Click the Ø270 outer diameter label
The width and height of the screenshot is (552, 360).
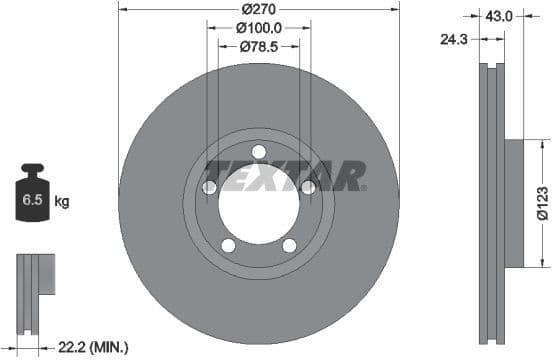pos(258,11)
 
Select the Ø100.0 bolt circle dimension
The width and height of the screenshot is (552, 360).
pos(258,29)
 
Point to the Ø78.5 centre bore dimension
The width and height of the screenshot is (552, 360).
pos(258,47)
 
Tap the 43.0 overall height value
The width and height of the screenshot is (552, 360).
pos(499,16)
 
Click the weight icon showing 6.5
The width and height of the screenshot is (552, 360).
pos(32,198)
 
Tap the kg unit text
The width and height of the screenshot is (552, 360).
pos(62,202)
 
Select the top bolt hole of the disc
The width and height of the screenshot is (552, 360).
pos(258,152)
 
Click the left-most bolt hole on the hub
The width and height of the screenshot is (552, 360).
pos(209,188)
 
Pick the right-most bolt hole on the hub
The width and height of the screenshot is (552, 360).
pos(308,187)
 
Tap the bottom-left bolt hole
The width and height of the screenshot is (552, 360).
pos(228,246)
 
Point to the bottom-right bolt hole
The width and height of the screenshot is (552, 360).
pos(289,246)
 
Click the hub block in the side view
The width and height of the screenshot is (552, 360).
pos(512,203)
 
